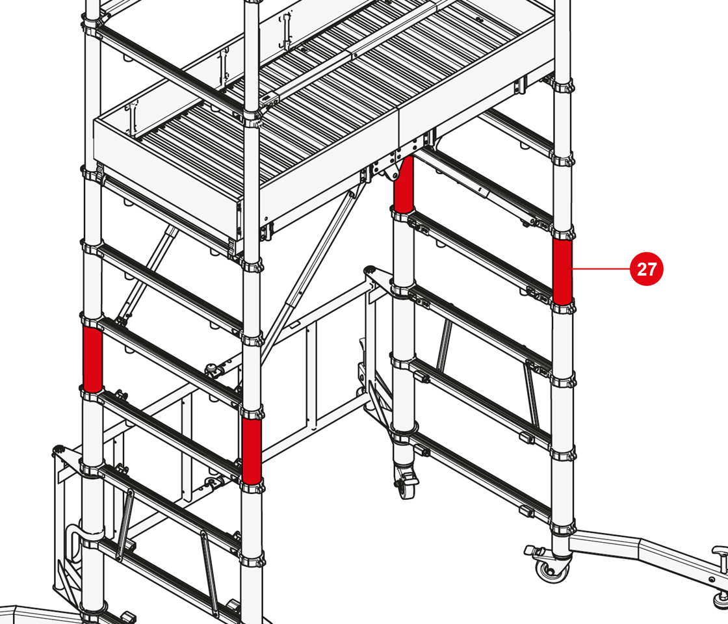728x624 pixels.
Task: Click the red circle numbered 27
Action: point(646,269)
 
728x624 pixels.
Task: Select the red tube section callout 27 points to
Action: point(562,272)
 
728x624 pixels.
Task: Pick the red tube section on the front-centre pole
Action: point(251,451)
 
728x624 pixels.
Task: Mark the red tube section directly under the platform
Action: point(403,185)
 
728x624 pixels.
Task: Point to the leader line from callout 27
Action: point(601,269)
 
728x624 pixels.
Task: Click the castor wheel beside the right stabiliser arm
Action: point(552,569)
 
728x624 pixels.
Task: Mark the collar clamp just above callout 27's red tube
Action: point(563,233)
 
